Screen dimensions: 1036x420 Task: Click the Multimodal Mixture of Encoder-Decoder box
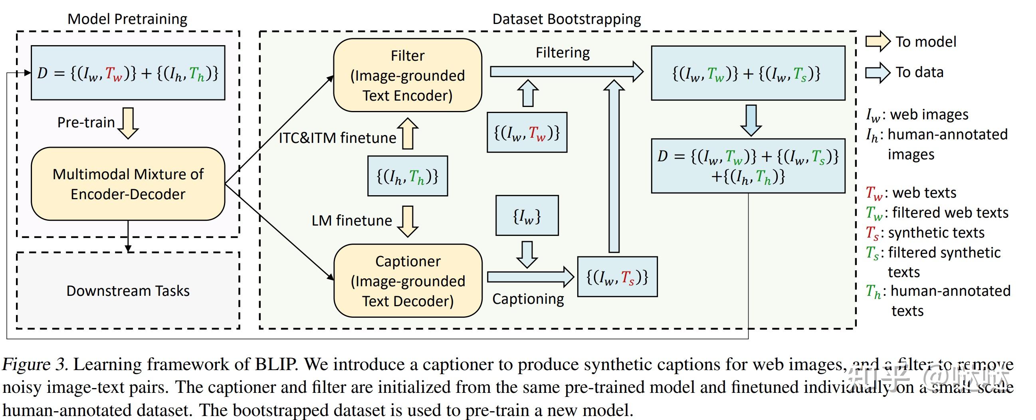[x=128, y=184]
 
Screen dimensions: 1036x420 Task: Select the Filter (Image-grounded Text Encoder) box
[x=408, y=75]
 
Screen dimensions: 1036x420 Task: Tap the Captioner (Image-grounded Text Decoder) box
[x=408, y=281]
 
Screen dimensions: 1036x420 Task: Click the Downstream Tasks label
[x=128, y=291]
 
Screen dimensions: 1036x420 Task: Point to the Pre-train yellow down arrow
[x=128, y=123]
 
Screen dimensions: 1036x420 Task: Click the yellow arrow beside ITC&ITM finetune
[x=408, y=134]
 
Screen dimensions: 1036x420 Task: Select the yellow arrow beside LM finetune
[x=408, y=221]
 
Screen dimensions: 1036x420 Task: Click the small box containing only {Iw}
[x=527, y=216]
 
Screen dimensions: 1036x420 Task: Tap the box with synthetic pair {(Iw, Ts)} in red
[x=617, y=277]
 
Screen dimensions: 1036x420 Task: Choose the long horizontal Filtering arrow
[x=567, y=72]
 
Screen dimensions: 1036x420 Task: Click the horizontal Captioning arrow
[x=531, y=277]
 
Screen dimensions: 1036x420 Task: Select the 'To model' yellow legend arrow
[x=878, y=42]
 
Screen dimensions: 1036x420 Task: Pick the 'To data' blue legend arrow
[x=878, y=73]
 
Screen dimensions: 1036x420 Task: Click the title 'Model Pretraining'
[x=127, y=19]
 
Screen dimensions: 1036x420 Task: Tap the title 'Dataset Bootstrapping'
[x=567, y=19]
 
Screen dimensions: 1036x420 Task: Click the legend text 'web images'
[x=929, y=115]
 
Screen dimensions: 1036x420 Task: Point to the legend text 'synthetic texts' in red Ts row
[x=936, y=232]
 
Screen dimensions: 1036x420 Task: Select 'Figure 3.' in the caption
[x=35, y=365]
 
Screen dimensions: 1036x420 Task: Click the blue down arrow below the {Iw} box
[x=527, y=255]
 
